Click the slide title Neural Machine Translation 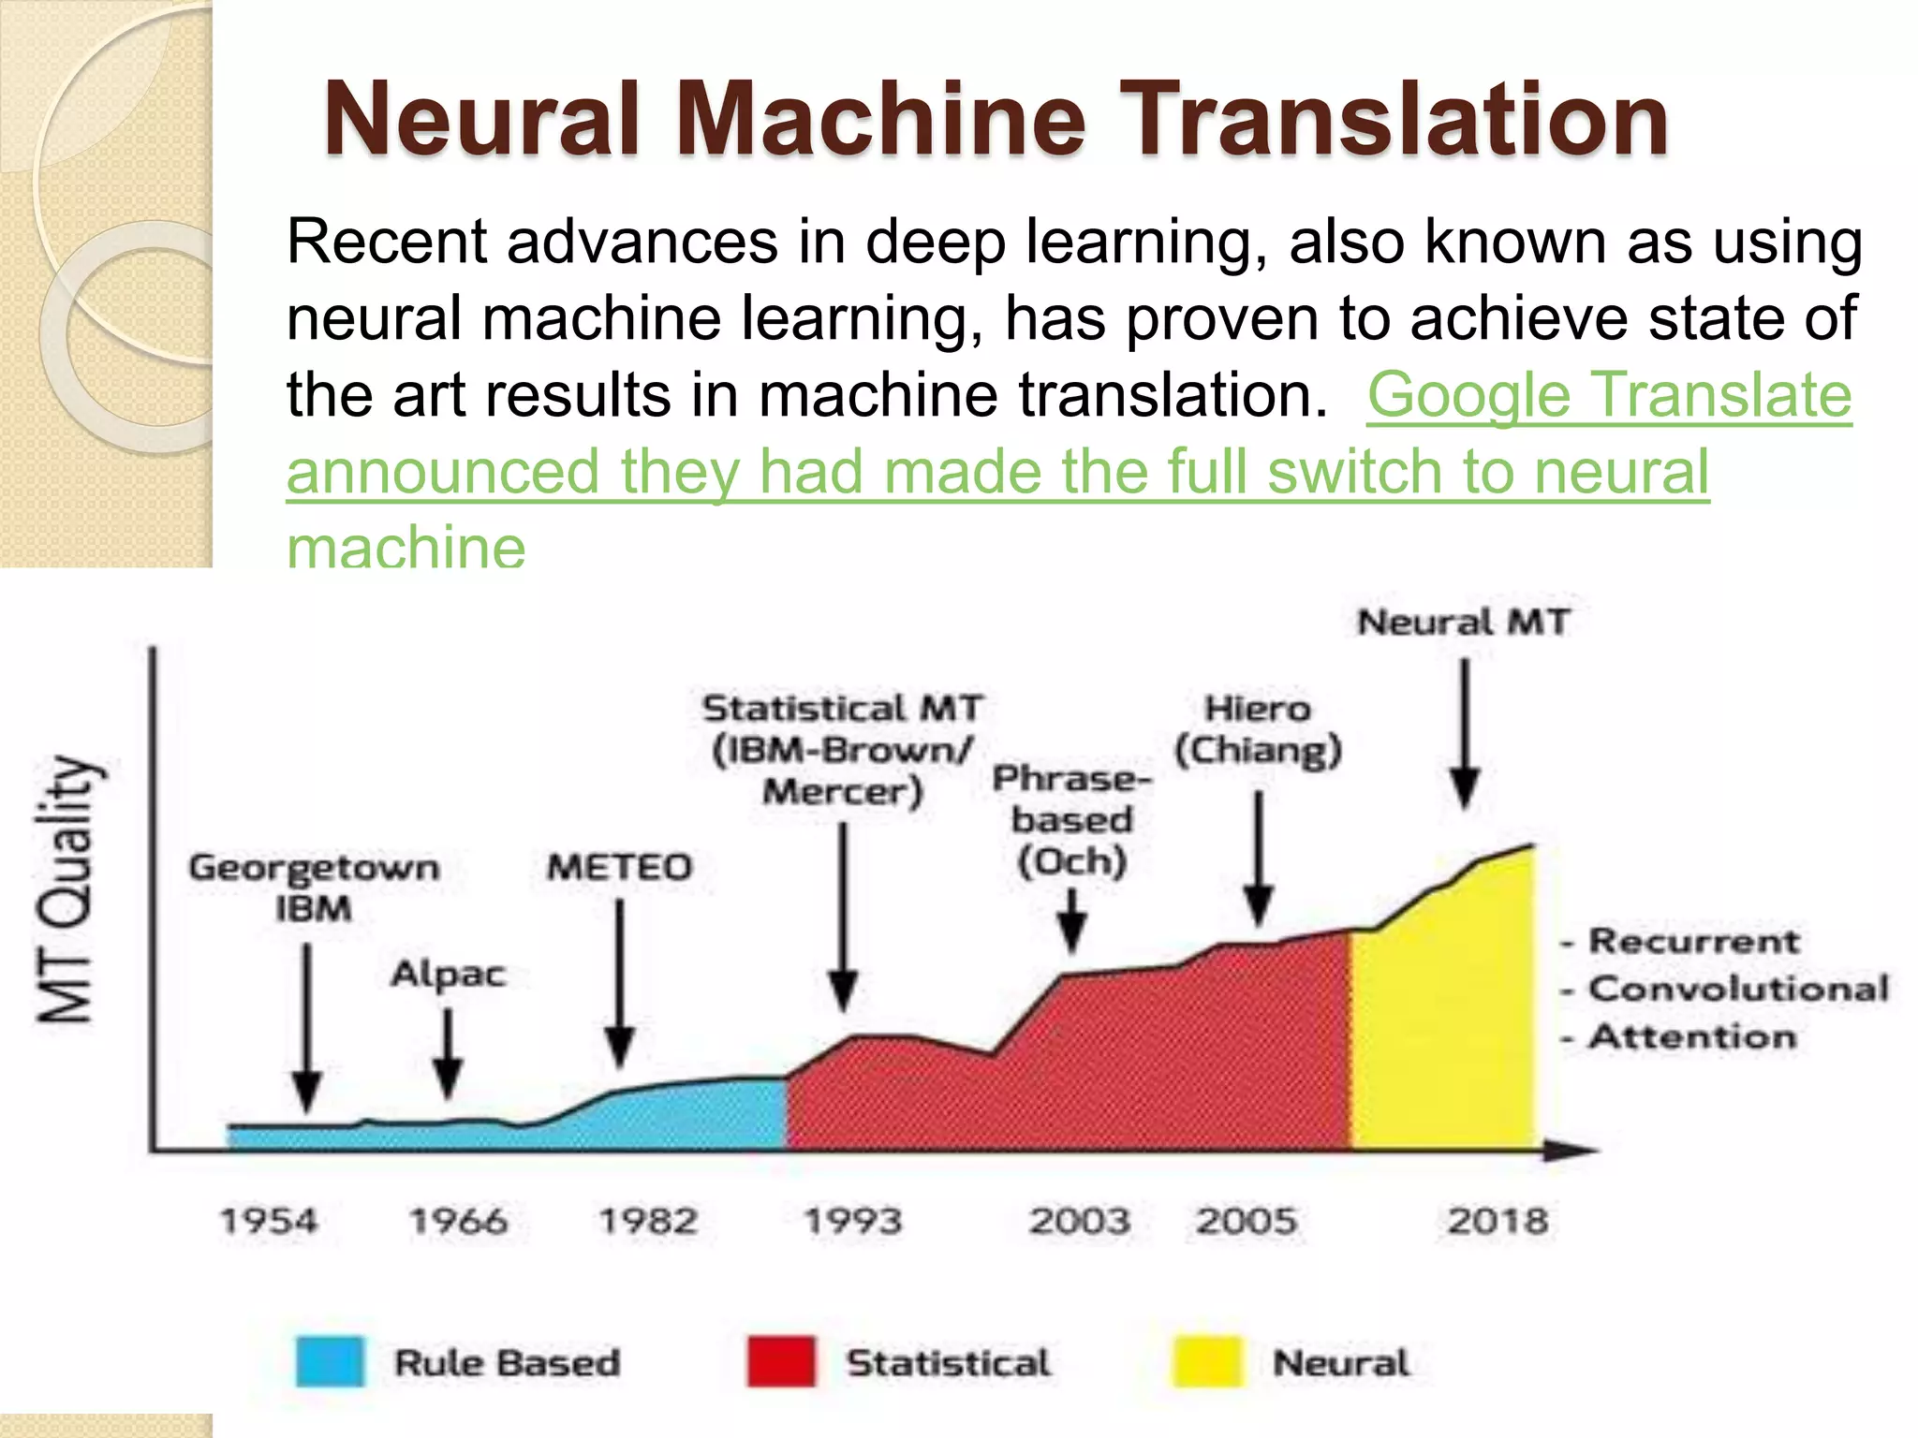tap(996, 119)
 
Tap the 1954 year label tap(269, 1221)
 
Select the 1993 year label tap(853, 1221)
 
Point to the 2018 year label tap(1498, 1221)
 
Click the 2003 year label tap(1080, 1221)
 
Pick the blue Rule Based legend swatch tap(330, 1362)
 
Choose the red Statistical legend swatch tap(781, 1362)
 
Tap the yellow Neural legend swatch tap(1208, 1362)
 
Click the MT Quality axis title tap(67, 889)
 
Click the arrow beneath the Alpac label tap(448, 1053)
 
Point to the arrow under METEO tap(619, 983)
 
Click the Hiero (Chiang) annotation tap(1258, 729)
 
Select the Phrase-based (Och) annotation tap(1072, 820)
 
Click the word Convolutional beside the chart tap(1738, 989)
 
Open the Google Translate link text tap(1609, 394)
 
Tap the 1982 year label tap(648, 1221)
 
